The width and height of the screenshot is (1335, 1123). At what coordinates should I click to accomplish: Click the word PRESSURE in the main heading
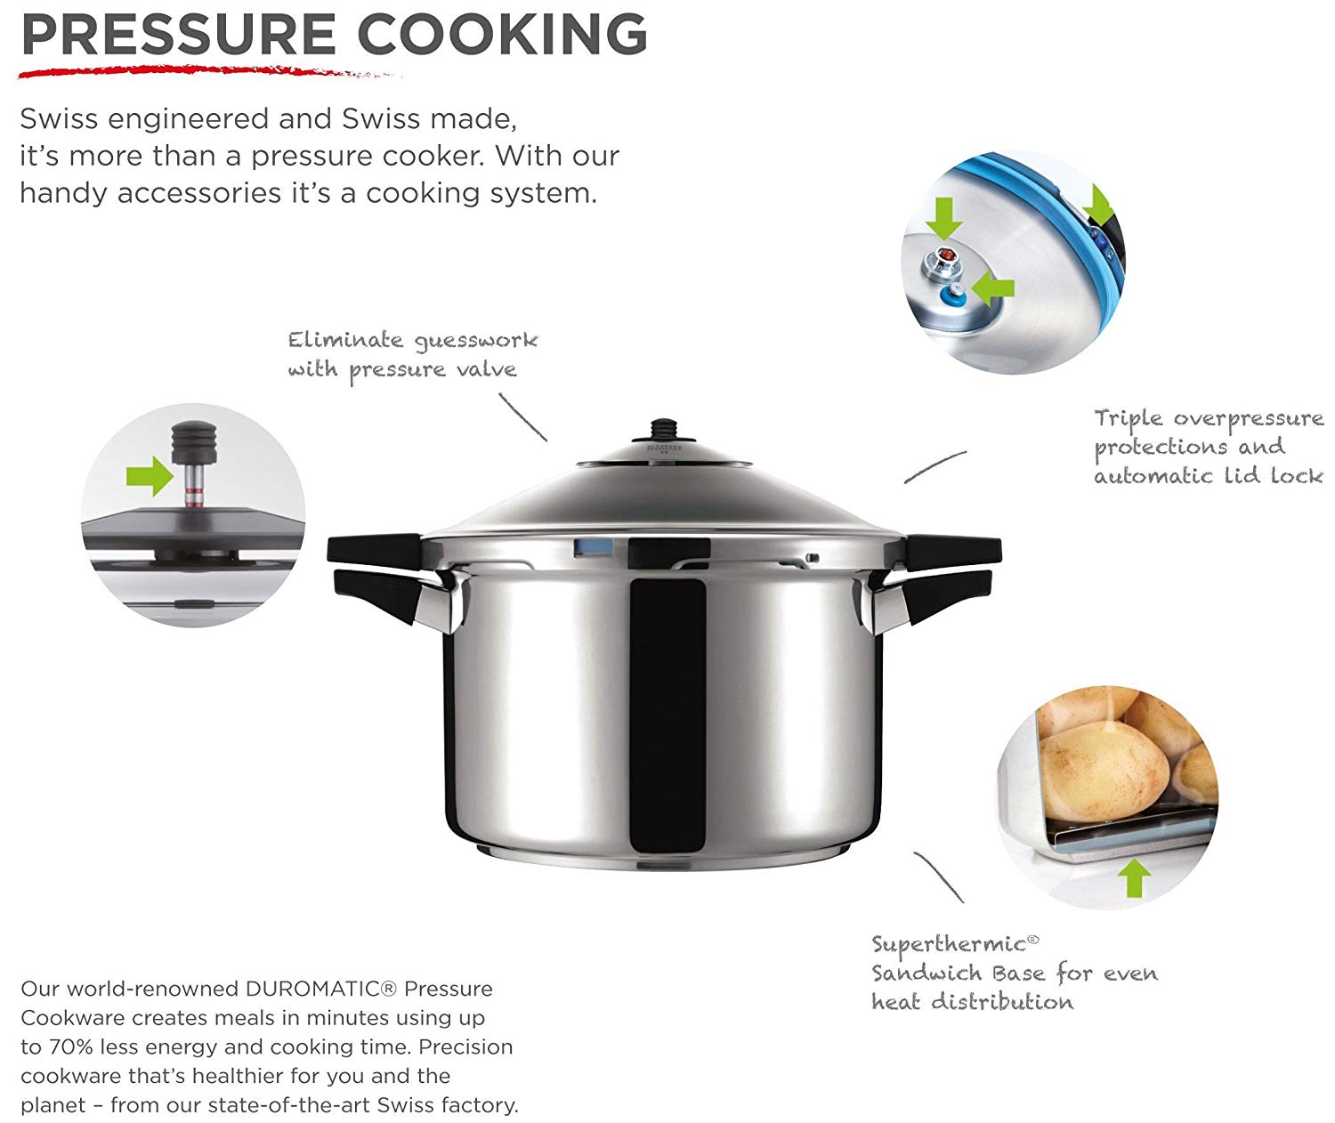[178, 35]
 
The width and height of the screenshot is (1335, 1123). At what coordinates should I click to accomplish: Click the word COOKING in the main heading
[502, 35]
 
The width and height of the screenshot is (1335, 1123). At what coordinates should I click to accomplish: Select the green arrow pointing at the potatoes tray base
[1133, 876]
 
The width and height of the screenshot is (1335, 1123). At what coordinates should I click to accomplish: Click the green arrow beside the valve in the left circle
[150, 475]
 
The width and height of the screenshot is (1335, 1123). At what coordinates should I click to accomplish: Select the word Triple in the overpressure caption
[1128, 418]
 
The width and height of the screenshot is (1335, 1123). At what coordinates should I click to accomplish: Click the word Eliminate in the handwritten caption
[345, 340]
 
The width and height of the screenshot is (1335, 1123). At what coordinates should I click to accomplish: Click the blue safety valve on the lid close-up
[954, 294]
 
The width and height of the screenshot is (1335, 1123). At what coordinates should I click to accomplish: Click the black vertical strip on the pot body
[667, 712]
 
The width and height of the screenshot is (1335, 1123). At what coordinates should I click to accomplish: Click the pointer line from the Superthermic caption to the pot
[938, 877]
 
